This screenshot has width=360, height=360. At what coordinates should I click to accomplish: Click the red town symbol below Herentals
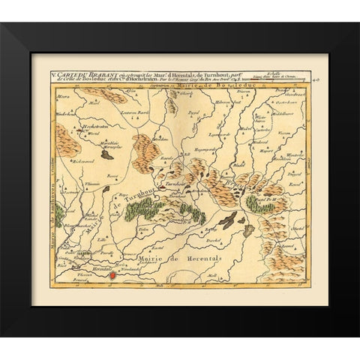point(113,275)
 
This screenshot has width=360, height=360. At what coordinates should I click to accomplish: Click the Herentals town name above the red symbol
point(102,268)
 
